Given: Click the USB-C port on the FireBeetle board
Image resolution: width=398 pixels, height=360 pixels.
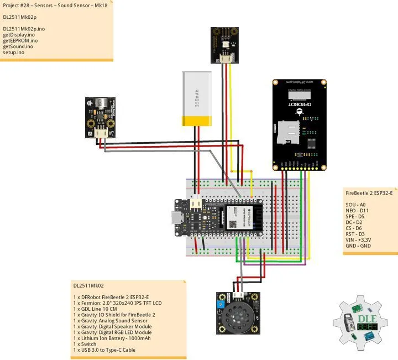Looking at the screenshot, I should [x=175, y=220].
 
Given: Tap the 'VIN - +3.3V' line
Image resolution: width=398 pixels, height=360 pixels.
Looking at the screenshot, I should [x=358, y=240].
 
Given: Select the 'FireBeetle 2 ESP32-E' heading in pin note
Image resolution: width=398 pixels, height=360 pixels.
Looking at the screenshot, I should [x=369, y=193].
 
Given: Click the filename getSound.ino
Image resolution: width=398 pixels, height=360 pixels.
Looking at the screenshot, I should [x=18, y=46].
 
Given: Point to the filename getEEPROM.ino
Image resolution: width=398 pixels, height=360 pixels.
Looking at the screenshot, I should [x=20, y=40].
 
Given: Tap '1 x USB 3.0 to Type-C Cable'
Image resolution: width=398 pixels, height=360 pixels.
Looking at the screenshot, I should [x=104, y=350].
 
